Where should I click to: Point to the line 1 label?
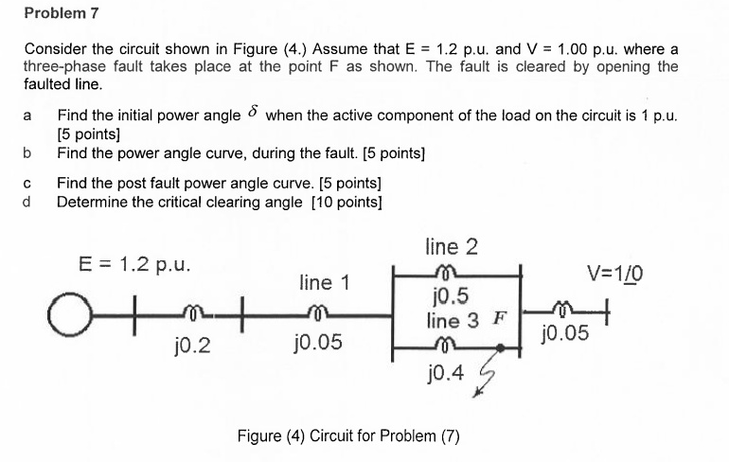(x=325, y=282)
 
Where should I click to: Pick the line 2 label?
(x=452, y=247)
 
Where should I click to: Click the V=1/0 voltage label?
(x=615, y=275)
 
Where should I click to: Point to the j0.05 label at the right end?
(x=564, y=332)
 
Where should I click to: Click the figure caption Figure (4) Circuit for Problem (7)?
(x=348, y=436)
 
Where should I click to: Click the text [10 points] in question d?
(x=347, y=202)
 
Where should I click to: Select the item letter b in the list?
(x=27, y=151)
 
